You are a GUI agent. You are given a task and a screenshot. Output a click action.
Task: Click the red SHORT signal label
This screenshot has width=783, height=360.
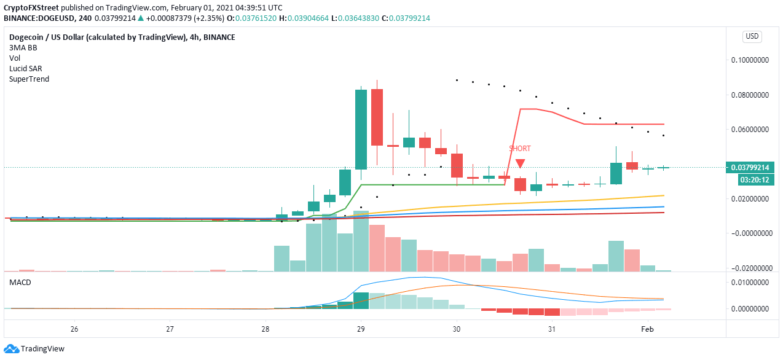(x=519, y=149)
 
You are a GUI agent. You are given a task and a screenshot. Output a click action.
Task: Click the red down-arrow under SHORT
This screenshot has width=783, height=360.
(x=520, y=163)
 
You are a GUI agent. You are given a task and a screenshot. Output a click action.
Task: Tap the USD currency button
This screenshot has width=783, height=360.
(x=752, y=37)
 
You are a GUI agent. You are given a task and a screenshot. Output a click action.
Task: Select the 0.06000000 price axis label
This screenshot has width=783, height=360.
(x=750, y=130)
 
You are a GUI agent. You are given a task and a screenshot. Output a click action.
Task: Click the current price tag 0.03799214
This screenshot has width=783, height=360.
(x=749, y=168)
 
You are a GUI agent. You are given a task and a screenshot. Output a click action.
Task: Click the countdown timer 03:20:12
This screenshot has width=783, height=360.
(x=753, y=179)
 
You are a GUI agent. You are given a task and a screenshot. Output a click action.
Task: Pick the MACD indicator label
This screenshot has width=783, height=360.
(x=20, y=282)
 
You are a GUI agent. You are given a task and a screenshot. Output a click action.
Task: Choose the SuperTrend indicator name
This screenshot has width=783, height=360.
(x=29, y=79)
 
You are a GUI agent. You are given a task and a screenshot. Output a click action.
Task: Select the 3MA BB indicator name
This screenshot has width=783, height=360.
(x=23, y=48)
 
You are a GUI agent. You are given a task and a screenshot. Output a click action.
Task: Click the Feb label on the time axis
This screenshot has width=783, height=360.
(x=648, y=329)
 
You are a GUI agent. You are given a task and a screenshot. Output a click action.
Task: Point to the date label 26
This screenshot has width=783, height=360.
(x=74, y=329)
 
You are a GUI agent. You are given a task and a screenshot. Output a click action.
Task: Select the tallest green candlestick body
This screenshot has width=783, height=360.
(x=361, y=130)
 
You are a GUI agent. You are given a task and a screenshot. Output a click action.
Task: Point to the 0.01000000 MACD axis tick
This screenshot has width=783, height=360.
(x=750, y=282)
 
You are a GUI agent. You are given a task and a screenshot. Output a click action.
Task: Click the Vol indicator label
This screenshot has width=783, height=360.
(x=15, y=58)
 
